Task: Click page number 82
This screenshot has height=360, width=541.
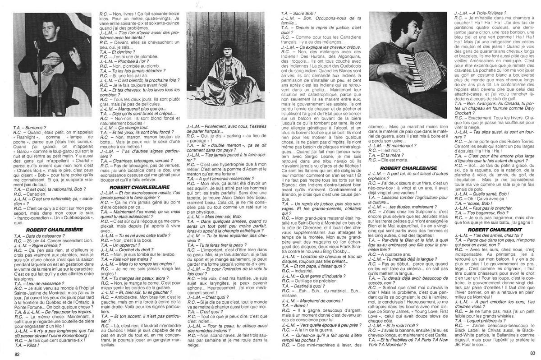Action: click(18, 353)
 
